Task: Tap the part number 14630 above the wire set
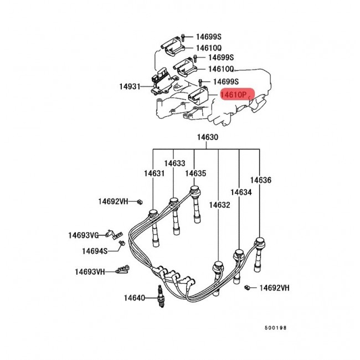click(206, 137)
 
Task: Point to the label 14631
click(155, 173)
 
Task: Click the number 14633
click(174, 163)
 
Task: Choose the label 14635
click(196, 173)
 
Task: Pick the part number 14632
click(219, 205)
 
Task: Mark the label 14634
click(241, 192)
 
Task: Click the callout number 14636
click(260, 180)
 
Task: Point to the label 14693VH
click(90, 272)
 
